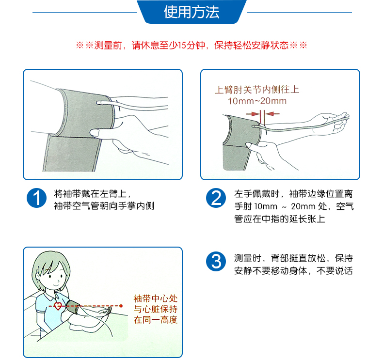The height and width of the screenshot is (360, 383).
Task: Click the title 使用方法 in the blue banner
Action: coord(191,12)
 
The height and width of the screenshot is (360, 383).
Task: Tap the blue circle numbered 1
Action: coord(37,198)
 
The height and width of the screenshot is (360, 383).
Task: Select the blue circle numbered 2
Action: coord(216,198)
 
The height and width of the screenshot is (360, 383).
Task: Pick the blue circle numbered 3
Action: coord(216,261)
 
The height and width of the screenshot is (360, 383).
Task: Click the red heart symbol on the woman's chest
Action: coord(58,306)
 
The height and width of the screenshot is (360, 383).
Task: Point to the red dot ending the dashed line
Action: coord(121,306)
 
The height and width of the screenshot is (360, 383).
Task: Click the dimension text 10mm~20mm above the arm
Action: coord(257,101)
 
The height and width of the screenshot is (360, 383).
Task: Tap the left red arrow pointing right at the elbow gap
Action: coord(253,114)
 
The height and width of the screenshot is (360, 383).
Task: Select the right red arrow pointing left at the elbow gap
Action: coord(272,114)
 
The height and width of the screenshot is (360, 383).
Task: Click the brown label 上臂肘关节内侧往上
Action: coord(257,90)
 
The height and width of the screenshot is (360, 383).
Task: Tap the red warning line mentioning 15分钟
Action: coord(191,46)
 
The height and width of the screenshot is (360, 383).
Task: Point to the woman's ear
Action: coord(38,277)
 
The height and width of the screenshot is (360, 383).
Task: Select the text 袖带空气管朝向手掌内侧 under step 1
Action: coord(104,206)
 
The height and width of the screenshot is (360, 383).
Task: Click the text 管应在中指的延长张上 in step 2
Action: coord(280,219)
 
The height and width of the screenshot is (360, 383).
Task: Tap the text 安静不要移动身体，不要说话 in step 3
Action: coord(293,271)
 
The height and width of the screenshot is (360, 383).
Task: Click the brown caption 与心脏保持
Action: coord(156,309)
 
